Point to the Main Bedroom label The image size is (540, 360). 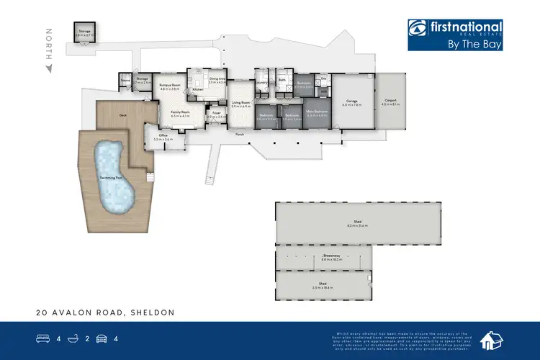[x=317, y=112]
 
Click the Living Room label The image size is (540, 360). [x=240, y=104]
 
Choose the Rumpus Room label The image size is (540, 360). [x=169, y=86]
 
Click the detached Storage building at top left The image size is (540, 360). [x=85, y=31]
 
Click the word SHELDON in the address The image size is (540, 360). [x=153, y=313]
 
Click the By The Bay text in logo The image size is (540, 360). [x=475, y=43]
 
